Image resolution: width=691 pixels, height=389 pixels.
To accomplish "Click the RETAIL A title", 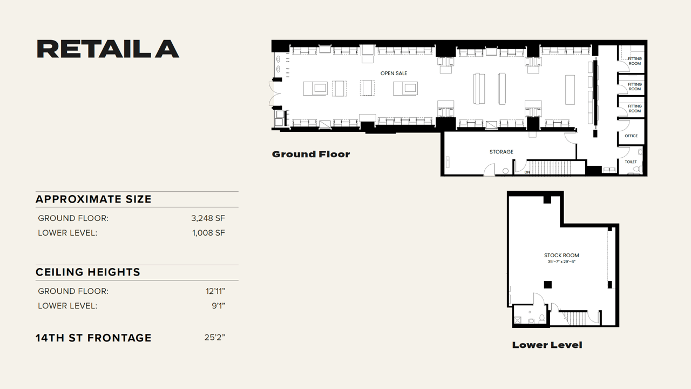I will tap(107, 49).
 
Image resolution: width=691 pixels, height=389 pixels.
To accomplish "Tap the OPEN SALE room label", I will tap(394, 73).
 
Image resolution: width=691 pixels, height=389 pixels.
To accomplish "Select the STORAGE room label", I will tap(501, 152).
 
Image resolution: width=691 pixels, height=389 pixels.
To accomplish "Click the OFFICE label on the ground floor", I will tap(631, 136).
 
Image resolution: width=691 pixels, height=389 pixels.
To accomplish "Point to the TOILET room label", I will tap(631, 162).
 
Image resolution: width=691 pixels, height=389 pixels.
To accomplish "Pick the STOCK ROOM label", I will tap(561, 256).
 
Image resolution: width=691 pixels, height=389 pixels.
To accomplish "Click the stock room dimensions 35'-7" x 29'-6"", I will tap(561, 262).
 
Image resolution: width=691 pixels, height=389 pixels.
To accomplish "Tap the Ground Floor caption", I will tap(311, 155).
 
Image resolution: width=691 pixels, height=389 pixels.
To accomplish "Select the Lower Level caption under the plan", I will tap(547, 345).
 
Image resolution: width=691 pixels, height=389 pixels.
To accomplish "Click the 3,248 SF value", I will tap(208, 218).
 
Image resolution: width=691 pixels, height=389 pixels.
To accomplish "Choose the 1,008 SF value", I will tap(208, 233).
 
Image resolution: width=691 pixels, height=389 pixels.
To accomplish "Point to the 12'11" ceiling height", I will tap(215, 291).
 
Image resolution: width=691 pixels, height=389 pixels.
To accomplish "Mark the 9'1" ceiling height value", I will tap(218, 306).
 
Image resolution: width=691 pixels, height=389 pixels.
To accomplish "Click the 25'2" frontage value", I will tap(214, 338).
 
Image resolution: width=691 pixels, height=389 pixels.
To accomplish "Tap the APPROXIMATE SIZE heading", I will tap(93, 199).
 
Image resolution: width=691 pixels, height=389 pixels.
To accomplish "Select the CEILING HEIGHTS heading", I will tap(88, 272).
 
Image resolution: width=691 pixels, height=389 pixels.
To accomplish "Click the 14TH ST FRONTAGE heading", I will tap(93, 338).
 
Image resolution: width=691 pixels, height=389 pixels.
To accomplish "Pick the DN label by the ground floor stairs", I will tap(527, 172).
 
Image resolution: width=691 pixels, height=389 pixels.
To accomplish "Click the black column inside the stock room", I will tap(547, 285).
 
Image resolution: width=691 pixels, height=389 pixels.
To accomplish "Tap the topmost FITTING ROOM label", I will tap(635, 61).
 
